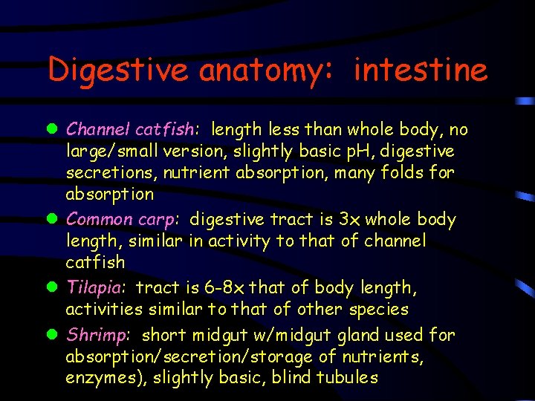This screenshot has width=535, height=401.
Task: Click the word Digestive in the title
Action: pyautogui.click(x=119, y=71)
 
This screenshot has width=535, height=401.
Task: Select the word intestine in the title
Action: pyautogui.click(x=421, y=71)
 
